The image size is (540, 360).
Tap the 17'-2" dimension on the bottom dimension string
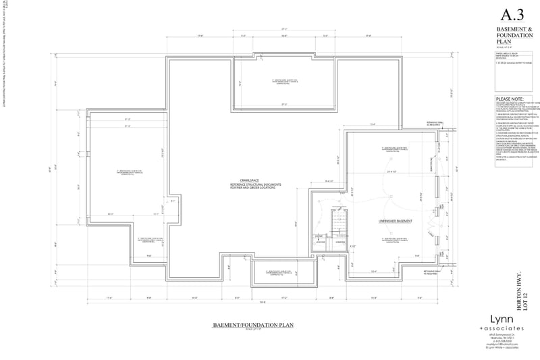pyautogui.click(x=284, y=297)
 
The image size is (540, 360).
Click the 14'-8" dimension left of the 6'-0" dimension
pyautogui.click(x=194, y=297)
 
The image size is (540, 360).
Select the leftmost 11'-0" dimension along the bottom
pyautogui.click(x=109, y=297)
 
